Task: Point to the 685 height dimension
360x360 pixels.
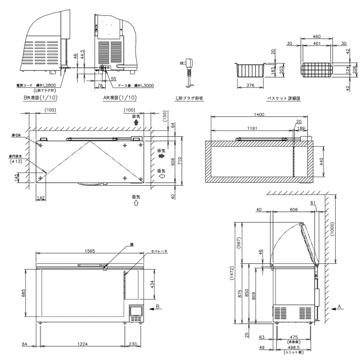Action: point(25,294)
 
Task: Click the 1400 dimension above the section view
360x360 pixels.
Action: point(259,114)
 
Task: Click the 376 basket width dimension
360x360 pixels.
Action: point(250,86)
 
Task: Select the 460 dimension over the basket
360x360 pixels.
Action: point(317,37)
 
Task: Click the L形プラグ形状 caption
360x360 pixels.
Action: point(189,98)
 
